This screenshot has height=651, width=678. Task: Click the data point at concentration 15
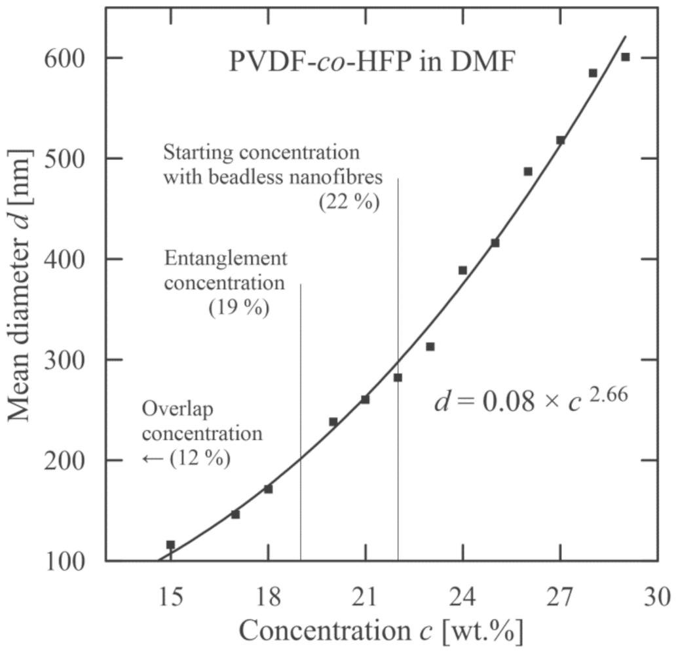pos(170,544)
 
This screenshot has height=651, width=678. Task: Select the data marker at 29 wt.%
pos(625,57)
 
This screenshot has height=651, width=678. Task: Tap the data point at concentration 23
pos(430,346)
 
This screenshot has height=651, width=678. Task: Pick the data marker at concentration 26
pos(528,171)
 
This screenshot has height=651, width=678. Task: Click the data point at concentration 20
pos(333,422)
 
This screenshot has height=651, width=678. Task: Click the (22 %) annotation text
pos(349,203)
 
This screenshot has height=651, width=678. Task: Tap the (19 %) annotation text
pos(239,308)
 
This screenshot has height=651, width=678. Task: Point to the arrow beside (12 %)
pos(153,459)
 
